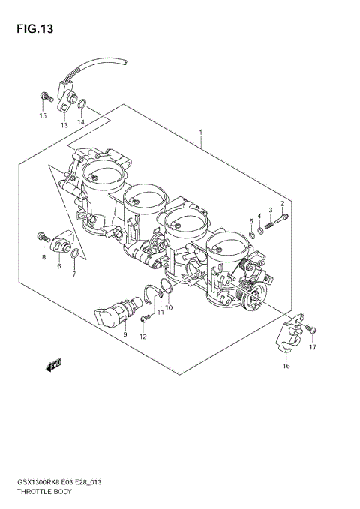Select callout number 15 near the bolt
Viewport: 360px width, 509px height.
[x=43, y=116]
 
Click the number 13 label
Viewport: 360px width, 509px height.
[x=64, y=124]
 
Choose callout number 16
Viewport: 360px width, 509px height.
[x=285, y=366]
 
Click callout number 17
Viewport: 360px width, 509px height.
[x=313, y=347]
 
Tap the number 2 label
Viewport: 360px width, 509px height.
[x=283, y=204]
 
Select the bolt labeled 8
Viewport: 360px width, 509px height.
[x=41, y=238]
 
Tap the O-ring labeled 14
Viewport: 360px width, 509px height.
[x=82, y=105]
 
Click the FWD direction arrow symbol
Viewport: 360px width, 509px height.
[x=53, y=366]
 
